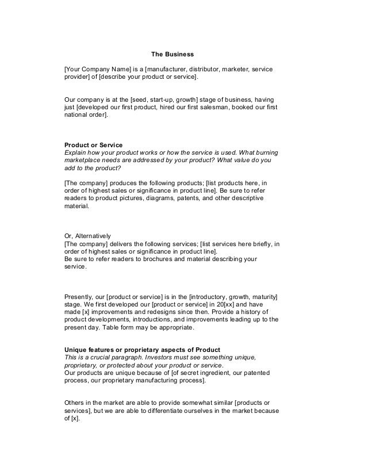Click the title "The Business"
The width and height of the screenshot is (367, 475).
click(173, 55)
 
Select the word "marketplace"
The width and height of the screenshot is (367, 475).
click(82, 162)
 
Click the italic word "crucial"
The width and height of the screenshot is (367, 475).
click(102, 357)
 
